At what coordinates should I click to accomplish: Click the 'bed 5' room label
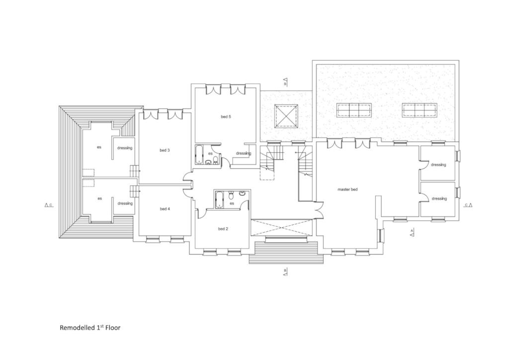tap(226, 117)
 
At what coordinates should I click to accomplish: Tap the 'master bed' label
tap(347, 189)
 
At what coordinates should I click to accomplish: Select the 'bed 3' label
tap(165, 150)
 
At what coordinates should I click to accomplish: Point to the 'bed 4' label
tap(165, 209)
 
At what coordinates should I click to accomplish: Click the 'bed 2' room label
tap(223, 229)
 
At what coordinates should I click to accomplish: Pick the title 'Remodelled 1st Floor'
tap(90, 328)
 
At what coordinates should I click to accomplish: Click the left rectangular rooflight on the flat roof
tap(353, 110)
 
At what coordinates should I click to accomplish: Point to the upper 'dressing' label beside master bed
tap(438, 165)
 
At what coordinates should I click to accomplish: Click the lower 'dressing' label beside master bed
tap(438, 198)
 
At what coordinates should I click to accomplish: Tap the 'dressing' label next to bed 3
tap(125, 148)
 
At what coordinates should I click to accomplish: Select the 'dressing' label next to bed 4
tap(125, 203)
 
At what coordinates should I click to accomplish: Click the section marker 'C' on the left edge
tap(49, 204)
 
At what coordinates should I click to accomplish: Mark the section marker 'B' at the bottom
tap(285, 271)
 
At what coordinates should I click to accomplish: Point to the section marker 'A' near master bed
tap(412, 232)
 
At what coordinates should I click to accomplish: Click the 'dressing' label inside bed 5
tap(244, 153)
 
